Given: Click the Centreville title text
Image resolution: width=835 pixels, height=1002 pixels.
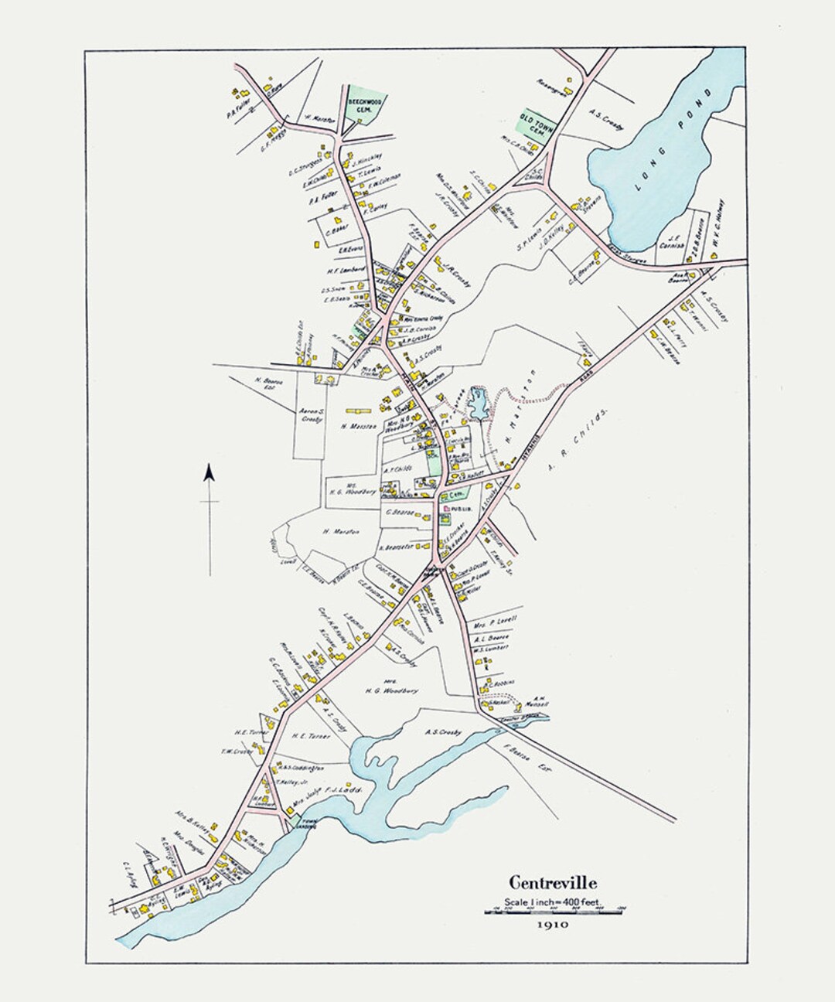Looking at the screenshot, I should (552, 881).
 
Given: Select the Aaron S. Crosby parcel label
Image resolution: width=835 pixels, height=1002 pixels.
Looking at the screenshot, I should (311, 418).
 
